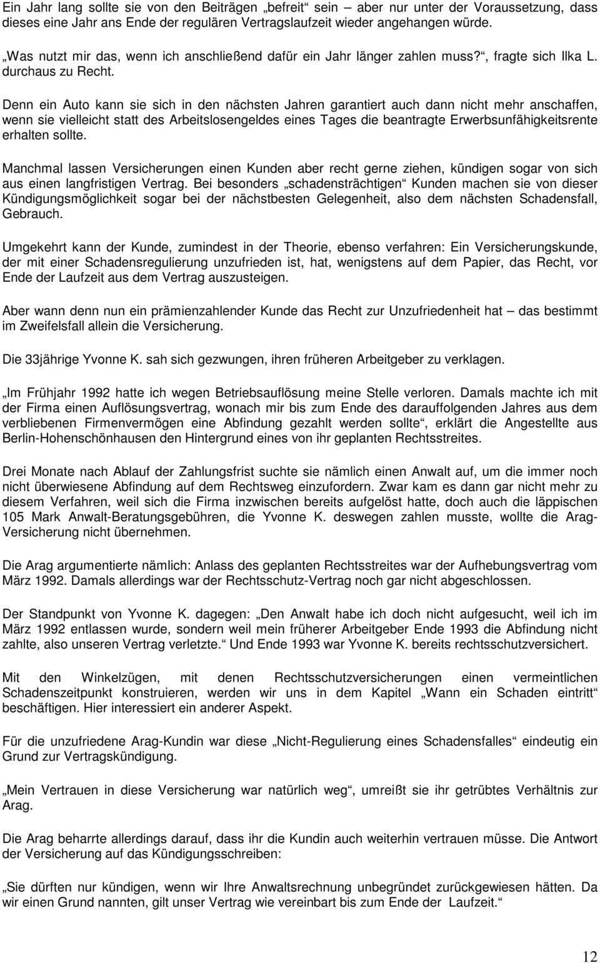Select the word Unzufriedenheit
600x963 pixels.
[446, 311]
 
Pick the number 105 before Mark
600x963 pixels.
[13, 517]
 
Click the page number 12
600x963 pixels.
[589, 956]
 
